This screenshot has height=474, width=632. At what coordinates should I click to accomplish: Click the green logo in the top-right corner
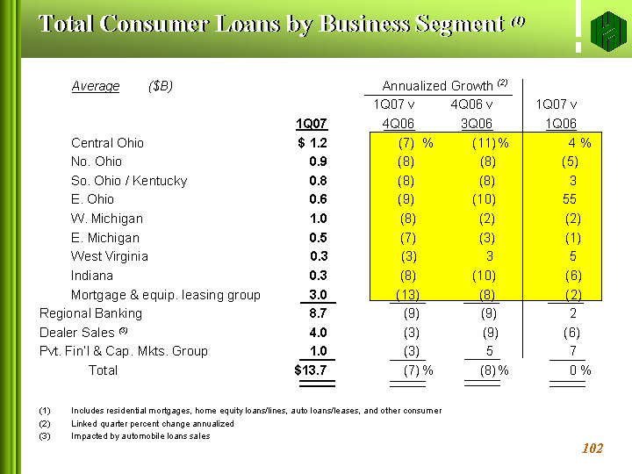[606, 31]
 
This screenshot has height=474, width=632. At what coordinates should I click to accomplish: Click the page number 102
[592, 449]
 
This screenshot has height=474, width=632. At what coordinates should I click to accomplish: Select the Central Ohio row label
[107, 143]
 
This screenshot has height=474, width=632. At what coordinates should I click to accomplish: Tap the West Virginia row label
[110, 256]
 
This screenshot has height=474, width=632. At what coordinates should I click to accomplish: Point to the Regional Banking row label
[90, 313]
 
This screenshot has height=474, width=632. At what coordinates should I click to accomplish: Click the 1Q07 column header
[312, 124]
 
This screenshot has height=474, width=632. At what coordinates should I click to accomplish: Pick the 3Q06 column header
[477, 124]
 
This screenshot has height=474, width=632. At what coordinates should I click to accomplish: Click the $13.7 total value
[311, 370]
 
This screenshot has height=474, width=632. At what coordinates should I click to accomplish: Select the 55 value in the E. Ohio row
[570, 199]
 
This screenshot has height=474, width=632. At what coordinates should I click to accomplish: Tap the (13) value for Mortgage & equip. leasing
[407, 295]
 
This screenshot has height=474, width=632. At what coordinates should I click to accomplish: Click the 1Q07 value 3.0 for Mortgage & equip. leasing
[318, 295]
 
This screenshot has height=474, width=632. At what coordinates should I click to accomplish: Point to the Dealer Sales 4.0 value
[318, 333]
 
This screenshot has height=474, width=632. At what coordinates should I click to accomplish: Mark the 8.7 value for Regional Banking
[318, 313]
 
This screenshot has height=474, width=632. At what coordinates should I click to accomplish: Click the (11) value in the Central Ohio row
[484, 143]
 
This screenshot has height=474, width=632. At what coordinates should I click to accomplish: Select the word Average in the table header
[95, 86]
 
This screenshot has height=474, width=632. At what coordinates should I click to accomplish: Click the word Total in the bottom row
[104, 370]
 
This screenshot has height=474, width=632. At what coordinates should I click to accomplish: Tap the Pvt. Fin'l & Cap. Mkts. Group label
[124, 351]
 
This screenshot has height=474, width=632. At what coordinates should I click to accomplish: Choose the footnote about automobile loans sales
[140, 436]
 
